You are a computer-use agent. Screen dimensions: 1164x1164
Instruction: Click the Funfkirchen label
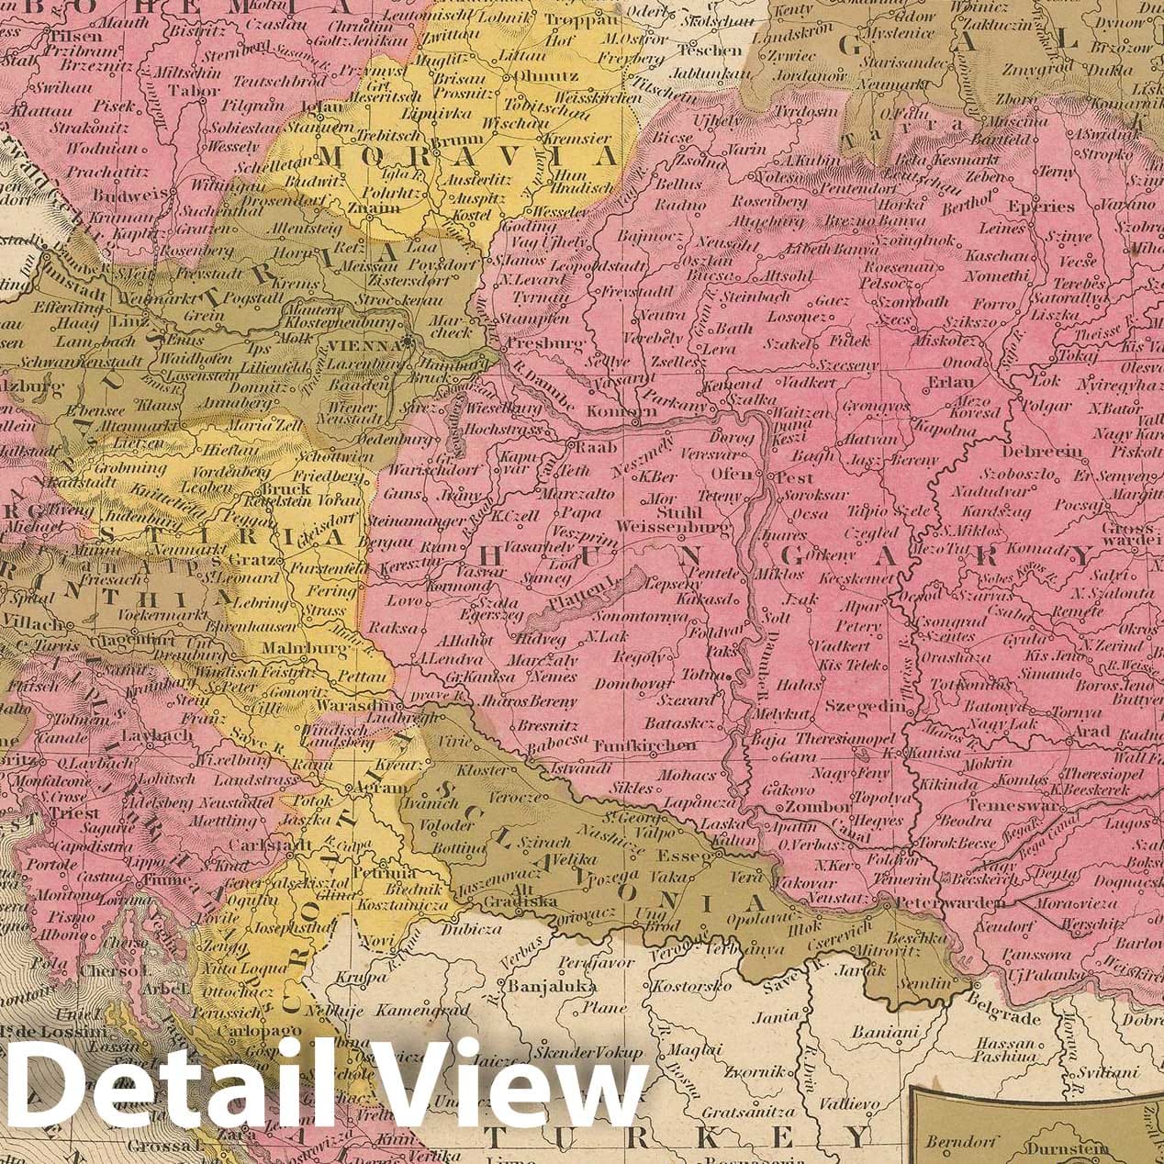[645, 745]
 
